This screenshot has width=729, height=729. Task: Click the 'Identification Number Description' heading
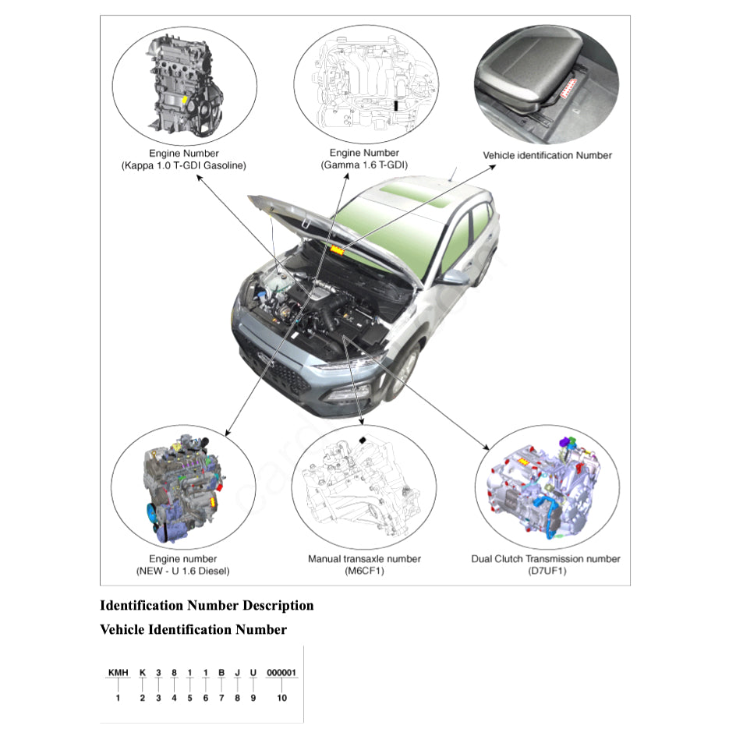(x=207, y=606)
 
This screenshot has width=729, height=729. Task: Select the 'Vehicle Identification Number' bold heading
(x=193, y=629)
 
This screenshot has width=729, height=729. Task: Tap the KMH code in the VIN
(x=118, y=672)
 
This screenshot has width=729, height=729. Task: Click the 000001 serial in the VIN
(x=281, y=672)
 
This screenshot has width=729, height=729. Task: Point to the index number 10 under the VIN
(x=281, y=698)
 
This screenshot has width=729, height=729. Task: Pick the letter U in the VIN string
(x=253, y=672)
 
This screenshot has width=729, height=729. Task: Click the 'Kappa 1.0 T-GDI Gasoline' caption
(x=184, y=166)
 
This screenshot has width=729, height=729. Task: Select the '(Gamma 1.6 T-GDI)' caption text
(x=364, y=166)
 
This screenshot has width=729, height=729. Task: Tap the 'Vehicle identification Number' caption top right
(x=547, y=155)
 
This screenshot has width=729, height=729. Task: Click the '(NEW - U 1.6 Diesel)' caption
(x=183, y=572)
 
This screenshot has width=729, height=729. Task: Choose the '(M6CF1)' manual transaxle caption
(x=364, y=572)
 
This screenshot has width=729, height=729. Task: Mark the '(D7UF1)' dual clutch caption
(x=546, y=572)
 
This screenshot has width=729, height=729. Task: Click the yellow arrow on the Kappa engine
(x=184, y=101)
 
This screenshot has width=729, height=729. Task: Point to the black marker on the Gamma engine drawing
(x=397, y=104)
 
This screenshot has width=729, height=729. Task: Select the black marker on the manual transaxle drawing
(x=363, y=441)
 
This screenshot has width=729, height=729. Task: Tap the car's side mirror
(x=452, y=277)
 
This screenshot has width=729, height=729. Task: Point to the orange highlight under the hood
(x=338, y=249)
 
